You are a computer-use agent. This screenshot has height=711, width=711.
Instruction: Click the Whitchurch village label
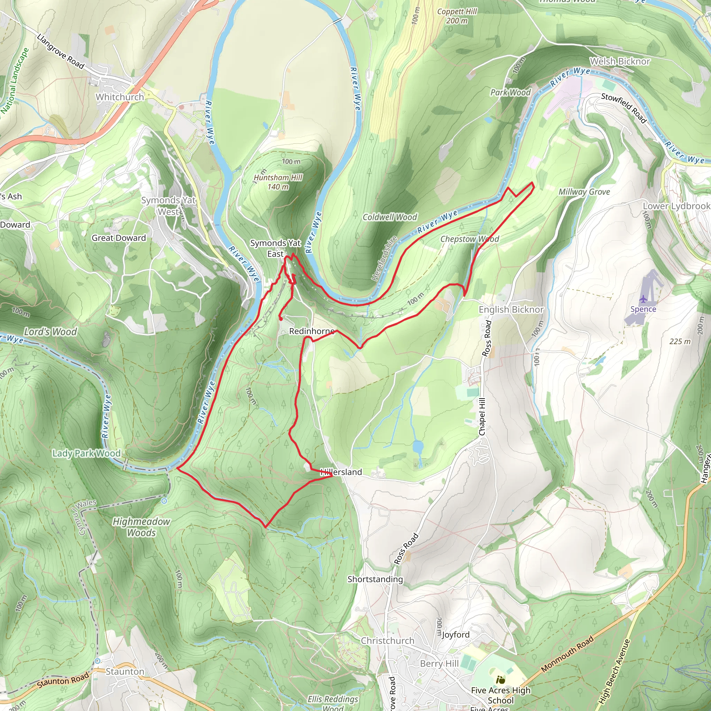click(120, 97)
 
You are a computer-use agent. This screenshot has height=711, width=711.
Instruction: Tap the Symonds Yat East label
click(275, 249)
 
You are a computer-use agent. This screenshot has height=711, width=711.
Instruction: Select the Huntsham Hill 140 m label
click(278, 182)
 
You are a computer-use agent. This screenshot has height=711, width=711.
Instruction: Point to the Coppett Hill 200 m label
click(457, 16)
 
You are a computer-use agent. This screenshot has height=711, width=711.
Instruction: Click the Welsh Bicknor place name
click(620, 61)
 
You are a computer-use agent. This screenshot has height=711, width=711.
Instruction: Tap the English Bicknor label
click(511, 309)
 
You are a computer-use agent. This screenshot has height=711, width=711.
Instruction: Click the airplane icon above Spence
click(643, 299)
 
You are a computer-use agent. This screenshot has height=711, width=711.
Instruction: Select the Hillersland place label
click(341, 472)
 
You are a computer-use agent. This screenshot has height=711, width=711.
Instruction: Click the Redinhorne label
click(312, 331)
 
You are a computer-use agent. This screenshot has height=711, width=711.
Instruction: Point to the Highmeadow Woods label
click(141, 527)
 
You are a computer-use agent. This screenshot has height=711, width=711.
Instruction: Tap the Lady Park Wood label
click(86, 453)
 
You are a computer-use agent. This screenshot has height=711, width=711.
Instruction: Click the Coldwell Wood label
click(390, 217)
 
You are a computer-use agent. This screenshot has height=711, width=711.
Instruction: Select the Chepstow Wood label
click(470, 239)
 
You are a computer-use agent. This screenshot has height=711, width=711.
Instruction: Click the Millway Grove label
click(584, 192)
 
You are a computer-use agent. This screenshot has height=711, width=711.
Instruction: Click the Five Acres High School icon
click(500, 679)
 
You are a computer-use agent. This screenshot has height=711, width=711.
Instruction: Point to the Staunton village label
click(125, 671)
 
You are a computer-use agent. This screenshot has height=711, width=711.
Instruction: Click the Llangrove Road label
click(61, 51)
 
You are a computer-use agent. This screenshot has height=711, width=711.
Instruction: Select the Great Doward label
click(118, 238)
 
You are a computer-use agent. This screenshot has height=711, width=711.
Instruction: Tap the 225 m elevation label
click(680, 342)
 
